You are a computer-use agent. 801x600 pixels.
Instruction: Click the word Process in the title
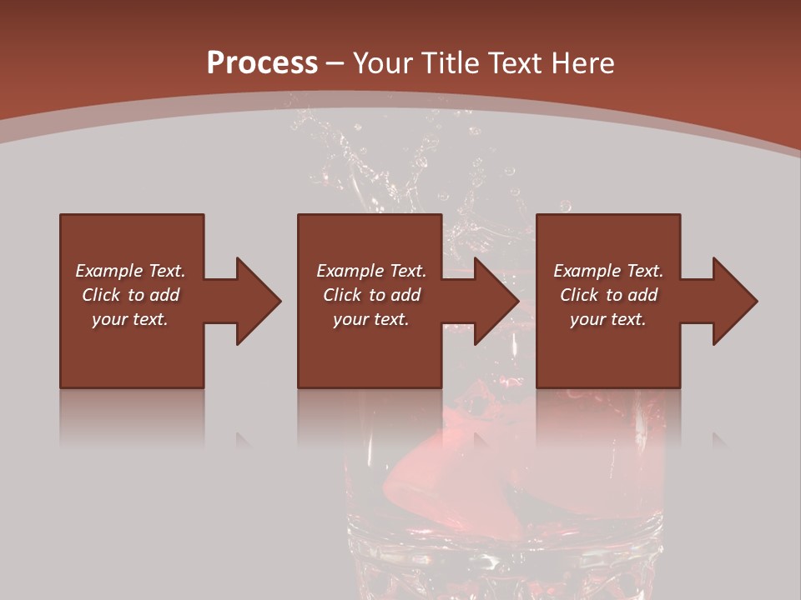coord(262,63)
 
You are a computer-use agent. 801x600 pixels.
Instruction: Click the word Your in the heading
coord(384,63)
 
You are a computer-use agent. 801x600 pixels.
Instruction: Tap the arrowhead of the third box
coord(734,301)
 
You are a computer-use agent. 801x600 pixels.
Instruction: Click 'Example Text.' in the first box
coord(130,271)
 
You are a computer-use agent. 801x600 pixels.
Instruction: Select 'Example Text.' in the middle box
coord(371,271)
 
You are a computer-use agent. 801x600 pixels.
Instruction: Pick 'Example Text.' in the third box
coord(608,271)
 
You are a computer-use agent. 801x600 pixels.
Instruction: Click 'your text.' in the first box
coord(130,319)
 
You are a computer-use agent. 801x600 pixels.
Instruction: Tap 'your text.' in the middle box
coord(371,319)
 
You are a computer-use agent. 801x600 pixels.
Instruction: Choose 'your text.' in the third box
coord(608,319)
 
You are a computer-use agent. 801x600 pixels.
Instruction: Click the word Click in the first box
coord(102,295)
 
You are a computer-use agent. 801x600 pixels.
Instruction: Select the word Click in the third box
coord(580,295)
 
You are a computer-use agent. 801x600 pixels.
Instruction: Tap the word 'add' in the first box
coord(164,295)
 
